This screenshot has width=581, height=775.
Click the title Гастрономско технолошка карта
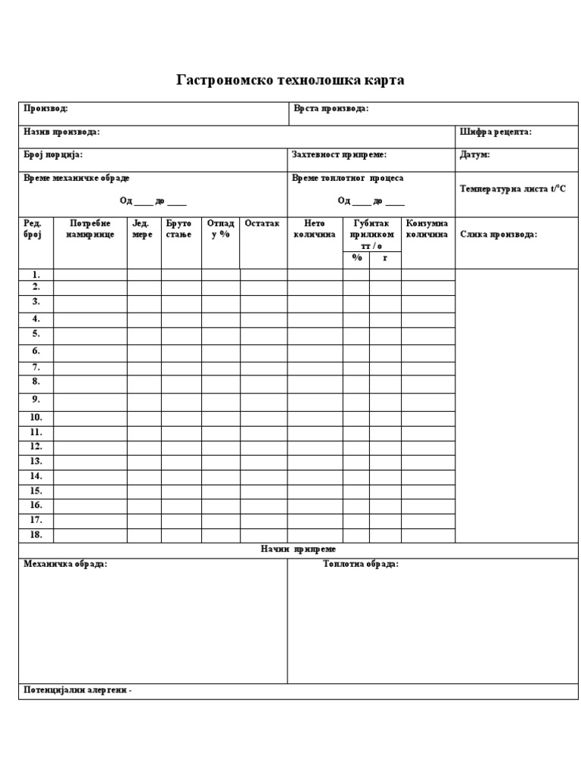[290, 80]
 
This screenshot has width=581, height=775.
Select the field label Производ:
[46, 109]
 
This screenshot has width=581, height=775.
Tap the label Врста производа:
[331, 109]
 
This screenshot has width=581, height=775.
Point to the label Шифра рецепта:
[496, 132]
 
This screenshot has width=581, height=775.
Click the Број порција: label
[53, 154]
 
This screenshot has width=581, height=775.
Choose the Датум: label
[474, 154]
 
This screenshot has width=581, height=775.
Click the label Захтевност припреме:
[340, 154]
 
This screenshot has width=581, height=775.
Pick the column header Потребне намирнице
[90, 229]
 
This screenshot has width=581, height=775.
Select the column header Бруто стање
[179, 229]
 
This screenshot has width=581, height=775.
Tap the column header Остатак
[262, 224]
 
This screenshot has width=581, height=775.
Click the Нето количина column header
[314, 229]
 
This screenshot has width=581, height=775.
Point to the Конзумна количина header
[427, 229]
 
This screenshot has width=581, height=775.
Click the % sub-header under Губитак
[356, 258]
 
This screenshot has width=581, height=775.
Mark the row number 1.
[36, 275]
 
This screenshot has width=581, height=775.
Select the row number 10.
[36, 417]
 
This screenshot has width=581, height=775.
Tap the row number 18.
[36, 534]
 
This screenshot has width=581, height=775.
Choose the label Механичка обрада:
[66, 565]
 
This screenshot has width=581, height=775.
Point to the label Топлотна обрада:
[361, 565]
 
